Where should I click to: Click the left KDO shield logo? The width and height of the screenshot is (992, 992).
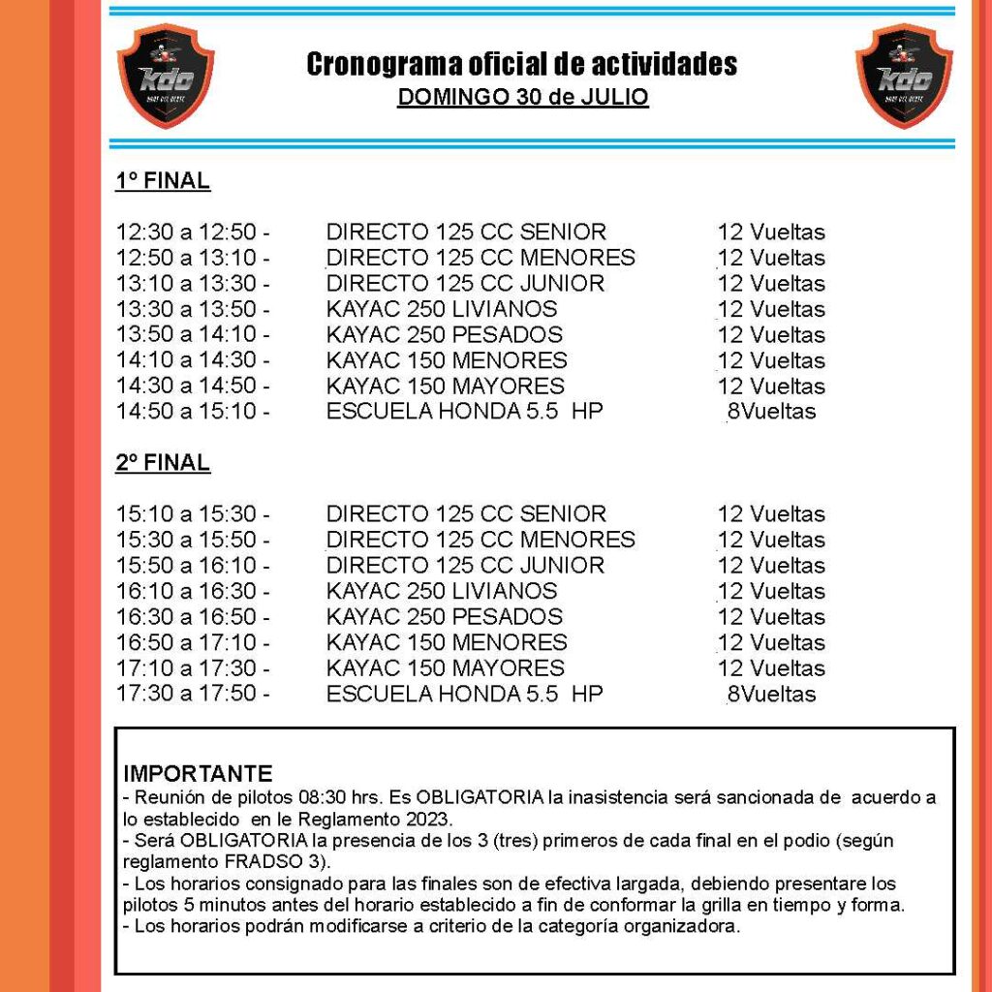point(166,76)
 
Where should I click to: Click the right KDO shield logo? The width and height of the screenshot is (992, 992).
point(904,76)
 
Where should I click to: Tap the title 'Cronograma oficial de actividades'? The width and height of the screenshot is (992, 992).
point(521,65)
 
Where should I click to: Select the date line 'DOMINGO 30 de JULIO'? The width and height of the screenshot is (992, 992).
point(522,98)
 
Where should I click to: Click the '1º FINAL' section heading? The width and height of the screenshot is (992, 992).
point(163,181)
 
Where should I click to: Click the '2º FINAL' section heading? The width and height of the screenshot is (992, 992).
point(163,463)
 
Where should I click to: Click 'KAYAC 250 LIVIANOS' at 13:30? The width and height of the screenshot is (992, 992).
point(442,310)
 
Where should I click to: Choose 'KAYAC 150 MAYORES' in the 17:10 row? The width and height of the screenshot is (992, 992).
point(446,668)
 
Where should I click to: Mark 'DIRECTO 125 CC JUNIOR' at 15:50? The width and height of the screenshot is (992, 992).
point(465,566)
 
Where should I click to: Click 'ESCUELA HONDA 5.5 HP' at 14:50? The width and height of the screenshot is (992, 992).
point(464,412)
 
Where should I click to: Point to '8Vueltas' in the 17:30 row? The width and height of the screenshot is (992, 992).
point(771,695)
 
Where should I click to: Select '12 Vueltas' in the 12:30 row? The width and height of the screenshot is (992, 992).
point(771,232)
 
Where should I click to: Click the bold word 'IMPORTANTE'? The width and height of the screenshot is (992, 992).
point(198,774)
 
